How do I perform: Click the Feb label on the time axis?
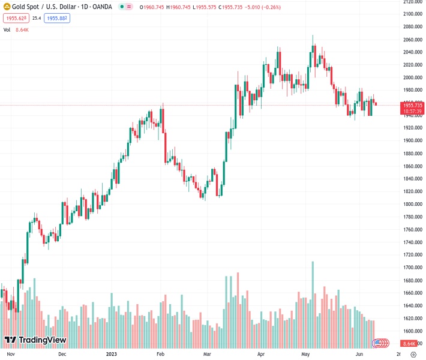tap(160, 355)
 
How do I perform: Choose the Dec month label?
tap(62, 355)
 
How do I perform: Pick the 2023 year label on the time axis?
tap(111, 355)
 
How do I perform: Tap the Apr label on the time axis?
tap(260, 355)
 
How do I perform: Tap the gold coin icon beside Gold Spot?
tap(7, 7)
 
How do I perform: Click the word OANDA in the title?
tap(100, 7)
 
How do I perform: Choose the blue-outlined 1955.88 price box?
tap(57, 19)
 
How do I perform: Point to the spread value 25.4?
tap(37, 19)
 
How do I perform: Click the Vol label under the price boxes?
tap(7, 29)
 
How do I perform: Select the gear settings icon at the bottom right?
tap(413, 355)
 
